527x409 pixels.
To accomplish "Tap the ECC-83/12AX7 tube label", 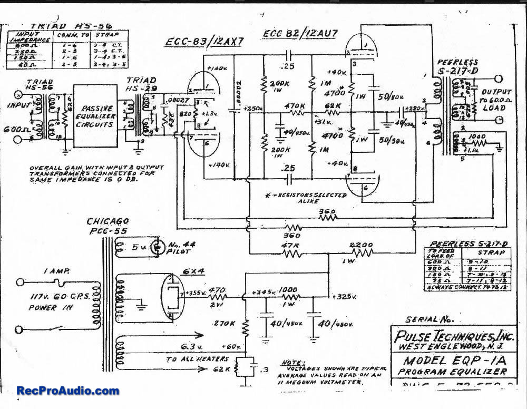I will click(x=203, y=42).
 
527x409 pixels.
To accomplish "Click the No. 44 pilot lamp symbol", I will click(x=157, y=247).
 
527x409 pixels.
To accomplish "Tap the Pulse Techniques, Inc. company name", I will click(x=452, y=335).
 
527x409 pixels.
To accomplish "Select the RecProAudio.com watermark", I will click(x=68, y=391).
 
